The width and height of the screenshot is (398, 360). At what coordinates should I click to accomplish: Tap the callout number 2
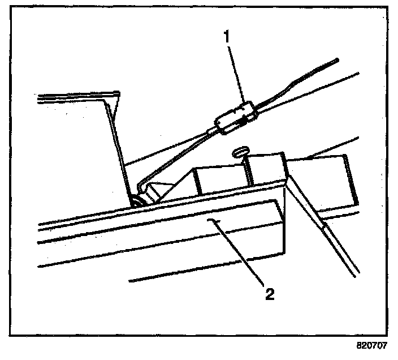271,293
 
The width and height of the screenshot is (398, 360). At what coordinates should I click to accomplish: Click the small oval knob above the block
240,151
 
